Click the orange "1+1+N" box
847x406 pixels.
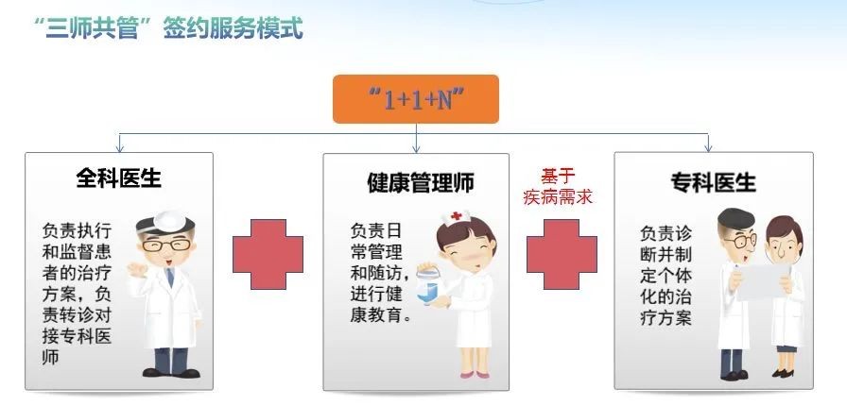tap(415, 99)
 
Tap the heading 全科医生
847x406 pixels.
tap(119, 178)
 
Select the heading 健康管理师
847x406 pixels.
tap(421, 183)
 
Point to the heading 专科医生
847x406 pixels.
tap(713, 182)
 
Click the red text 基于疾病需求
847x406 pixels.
tap(558, 187)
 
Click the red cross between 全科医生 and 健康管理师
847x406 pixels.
tap(268, 254)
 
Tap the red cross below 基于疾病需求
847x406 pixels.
tap(562, 254)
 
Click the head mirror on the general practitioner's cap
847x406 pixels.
tap(169, 221)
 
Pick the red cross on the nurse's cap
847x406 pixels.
tap(457, 215)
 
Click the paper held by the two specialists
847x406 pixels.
tap(762, 281)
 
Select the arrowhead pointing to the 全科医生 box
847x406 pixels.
tap(120, 148)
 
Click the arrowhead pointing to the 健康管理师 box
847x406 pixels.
tap(416, 148)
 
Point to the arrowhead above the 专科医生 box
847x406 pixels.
tap(708, 148)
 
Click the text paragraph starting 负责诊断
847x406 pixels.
tap(665, 276)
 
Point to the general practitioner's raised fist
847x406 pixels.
tap(137, 268)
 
